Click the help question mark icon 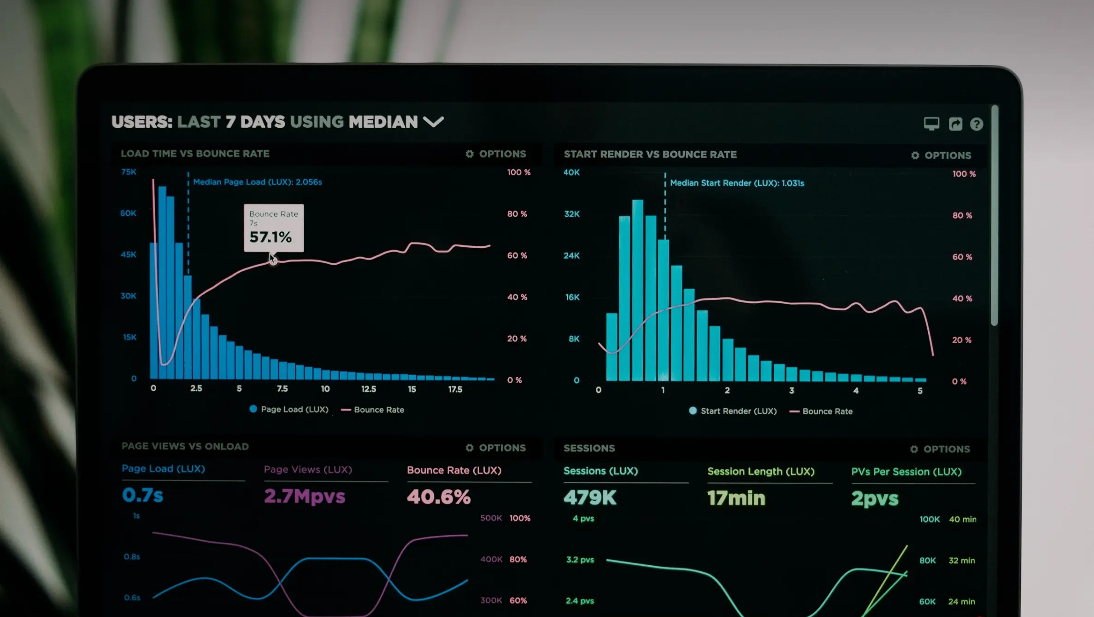point(976,124)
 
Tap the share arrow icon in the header point(955,124)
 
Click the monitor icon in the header point(931,124)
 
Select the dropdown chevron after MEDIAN point(433,122)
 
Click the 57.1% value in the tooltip point(271,237)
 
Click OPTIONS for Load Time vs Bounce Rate point(496,154)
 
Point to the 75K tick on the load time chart point(129,172)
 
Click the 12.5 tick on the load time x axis point(369,389)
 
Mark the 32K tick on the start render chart point(572,214)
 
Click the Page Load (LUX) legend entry point(289,409)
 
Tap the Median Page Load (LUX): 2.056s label point(257,182)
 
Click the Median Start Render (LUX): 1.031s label point(736,183)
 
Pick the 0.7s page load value point(143,495)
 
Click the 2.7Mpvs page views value point(304,496)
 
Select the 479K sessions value point(590,498)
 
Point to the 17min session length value point(736,498)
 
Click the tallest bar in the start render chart point(638,291)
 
